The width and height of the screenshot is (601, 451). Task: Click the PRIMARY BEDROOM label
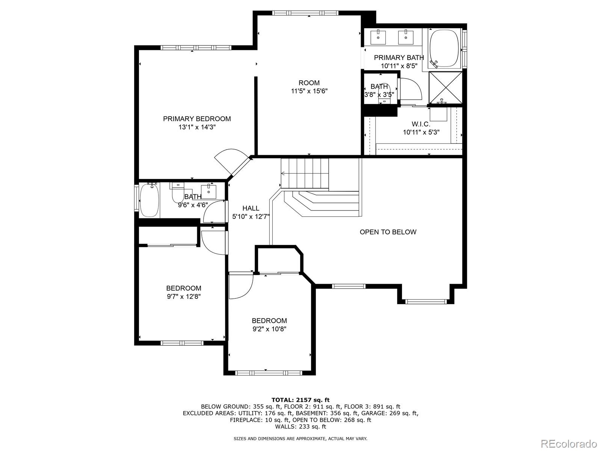[x=197, y=119]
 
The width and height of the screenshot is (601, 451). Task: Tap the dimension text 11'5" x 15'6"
[x=309, y=91]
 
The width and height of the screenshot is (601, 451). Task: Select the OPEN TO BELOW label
[x=388, y=232]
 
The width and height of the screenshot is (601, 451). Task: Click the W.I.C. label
[x=421, y=124]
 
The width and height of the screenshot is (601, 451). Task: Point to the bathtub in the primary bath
[x=444, y=48]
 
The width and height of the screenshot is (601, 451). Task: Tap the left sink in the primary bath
[x=378, y=37]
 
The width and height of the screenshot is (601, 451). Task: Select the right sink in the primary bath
[x=406, y=37]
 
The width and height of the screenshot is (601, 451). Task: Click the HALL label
[x=251, y=208]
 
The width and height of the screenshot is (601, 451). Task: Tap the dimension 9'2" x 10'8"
[x=269, y=329]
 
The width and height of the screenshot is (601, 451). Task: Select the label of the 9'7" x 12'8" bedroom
[x=184, y=288]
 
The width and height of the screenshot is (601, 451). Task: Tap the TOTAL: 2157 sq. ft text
[x=300, y=400]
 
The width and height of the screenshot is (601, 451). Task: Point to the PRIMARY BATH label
[x=399, y=58]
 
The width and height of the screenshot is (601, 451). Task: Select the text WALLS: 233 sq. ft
[x=300, y=427]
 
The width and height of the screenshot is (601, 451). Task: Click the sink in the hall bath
[x=208, y=191]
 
